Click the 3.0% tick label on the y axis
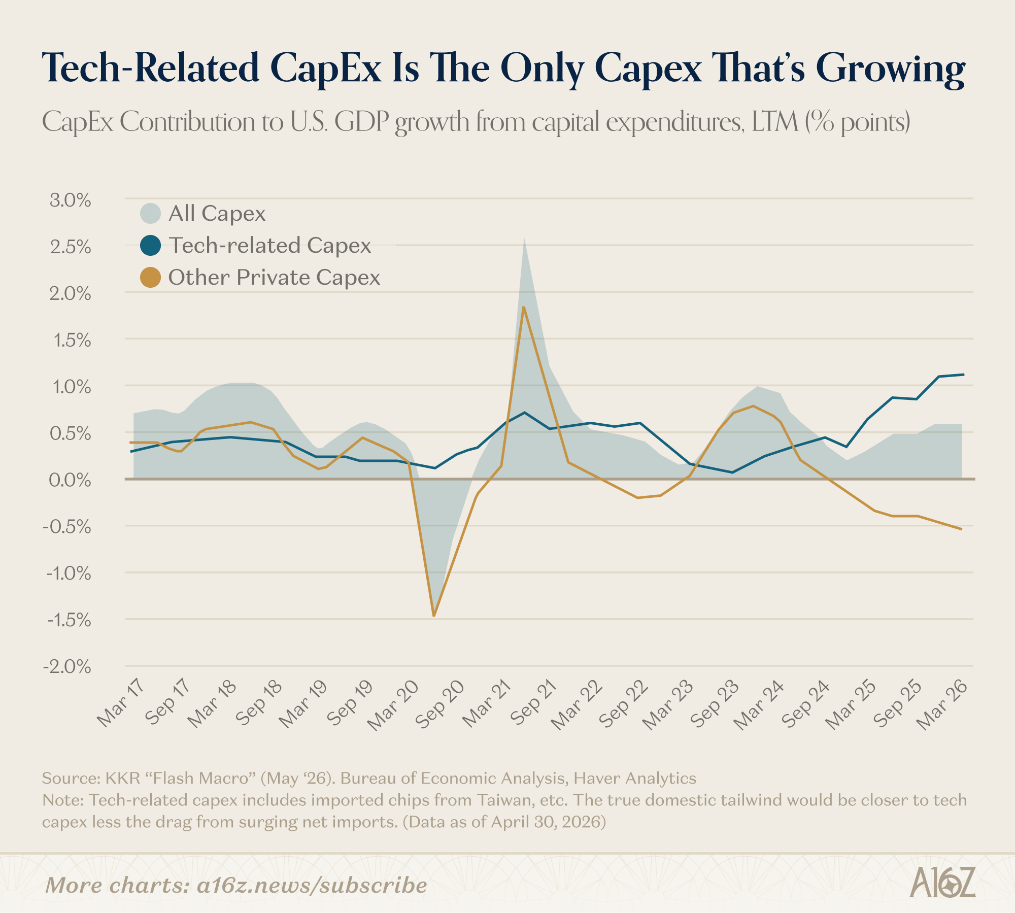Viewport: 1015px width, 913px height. (x=71, y=200)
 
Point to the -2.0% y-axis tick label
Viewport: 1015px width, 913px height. (x=67, y=667)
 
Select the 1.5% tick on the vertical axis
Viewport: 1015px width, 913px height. (x=72, y=340)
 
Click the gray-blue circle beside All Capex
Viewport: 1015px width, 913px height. (x=151, y=214)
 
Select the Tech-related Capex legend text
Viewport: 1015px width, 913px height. (x=270, y=246)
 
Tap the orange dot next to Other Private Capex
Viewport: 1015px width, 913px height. (x=151, y=277)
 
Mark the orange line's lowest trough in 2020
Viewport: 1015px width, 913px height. (x=434, y=616)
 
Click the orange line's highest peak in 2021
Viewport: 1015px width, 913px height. (x=524, y=307)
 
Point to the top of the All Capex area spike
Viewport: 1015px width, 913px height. (x=524, y=238)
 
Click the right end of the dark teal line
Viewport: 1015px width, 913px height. (x=963, y=375)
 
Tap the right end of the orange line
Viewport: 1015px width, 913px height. (x=961, y=529)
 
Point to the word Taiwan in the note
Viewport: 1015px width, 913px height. (x=501, y=800)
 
